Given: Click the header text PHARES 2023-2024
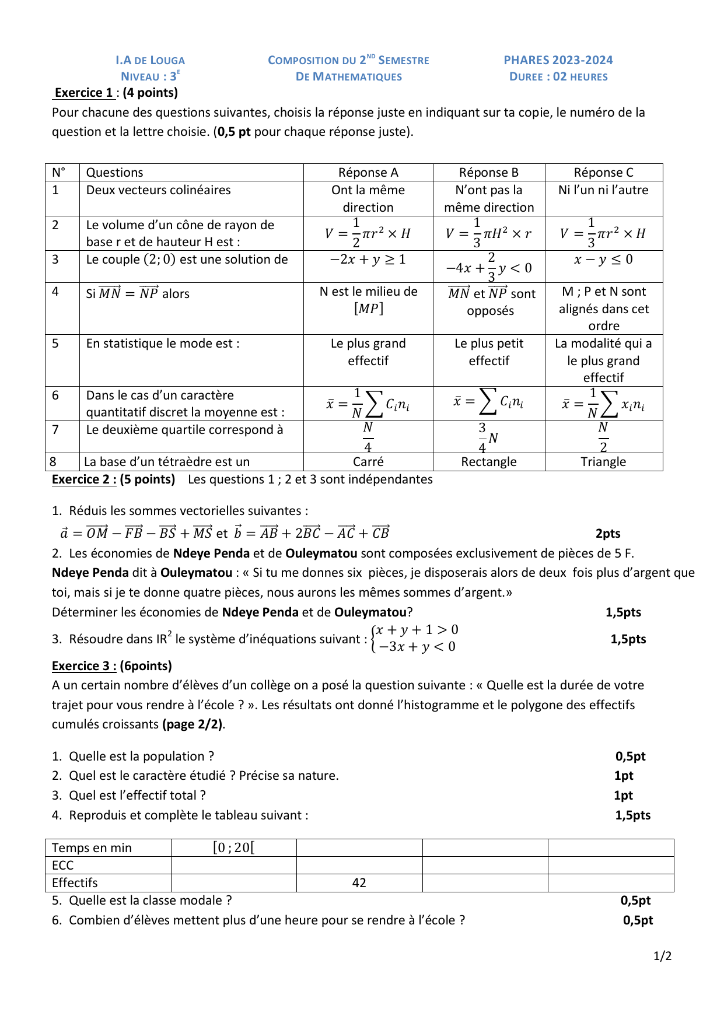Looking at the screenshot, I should (x=558, y=60).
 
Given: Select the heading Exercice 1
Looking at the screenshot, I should (x=84, y=93).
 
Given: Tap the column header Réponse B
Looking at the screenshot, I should (x=489, y=173).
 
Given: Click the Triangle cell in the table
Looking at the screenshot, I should (x=603, y=462).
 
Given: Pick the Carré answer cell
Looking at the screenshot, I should (x=368, y=462).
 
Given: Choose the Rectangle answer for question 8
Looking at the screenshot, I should (x=489, y=462).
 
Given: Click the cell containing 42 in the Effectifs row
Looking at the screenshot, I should (x=359, y=883).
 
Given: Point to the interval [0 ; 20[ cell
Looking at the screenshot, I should (x=234, y=847).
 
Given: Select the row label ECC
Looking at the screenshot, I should (x=63, y=866).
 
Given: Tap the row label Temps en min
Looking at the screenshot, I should (x=92, y=848).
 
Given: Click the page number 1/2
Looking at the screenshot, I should (x=663, y=956).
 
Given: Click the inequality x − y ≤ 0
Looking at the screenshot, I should (x=603, y=260).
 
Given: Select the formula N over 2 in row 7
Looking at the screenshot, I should (x=603, y=437).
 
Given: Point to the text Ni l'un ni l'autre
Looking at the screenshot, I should (x=603, y=190).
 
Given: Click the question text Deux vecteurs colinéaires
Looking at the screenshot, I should (x=159, y=190).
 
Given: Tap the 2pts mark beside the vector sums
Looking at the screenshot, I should (x=608, y=534).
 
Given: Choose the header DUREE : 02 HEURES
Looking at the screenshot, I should (x=558, y=77).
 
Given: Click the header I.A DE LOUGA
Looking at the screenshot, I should (x=150, y=60).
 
